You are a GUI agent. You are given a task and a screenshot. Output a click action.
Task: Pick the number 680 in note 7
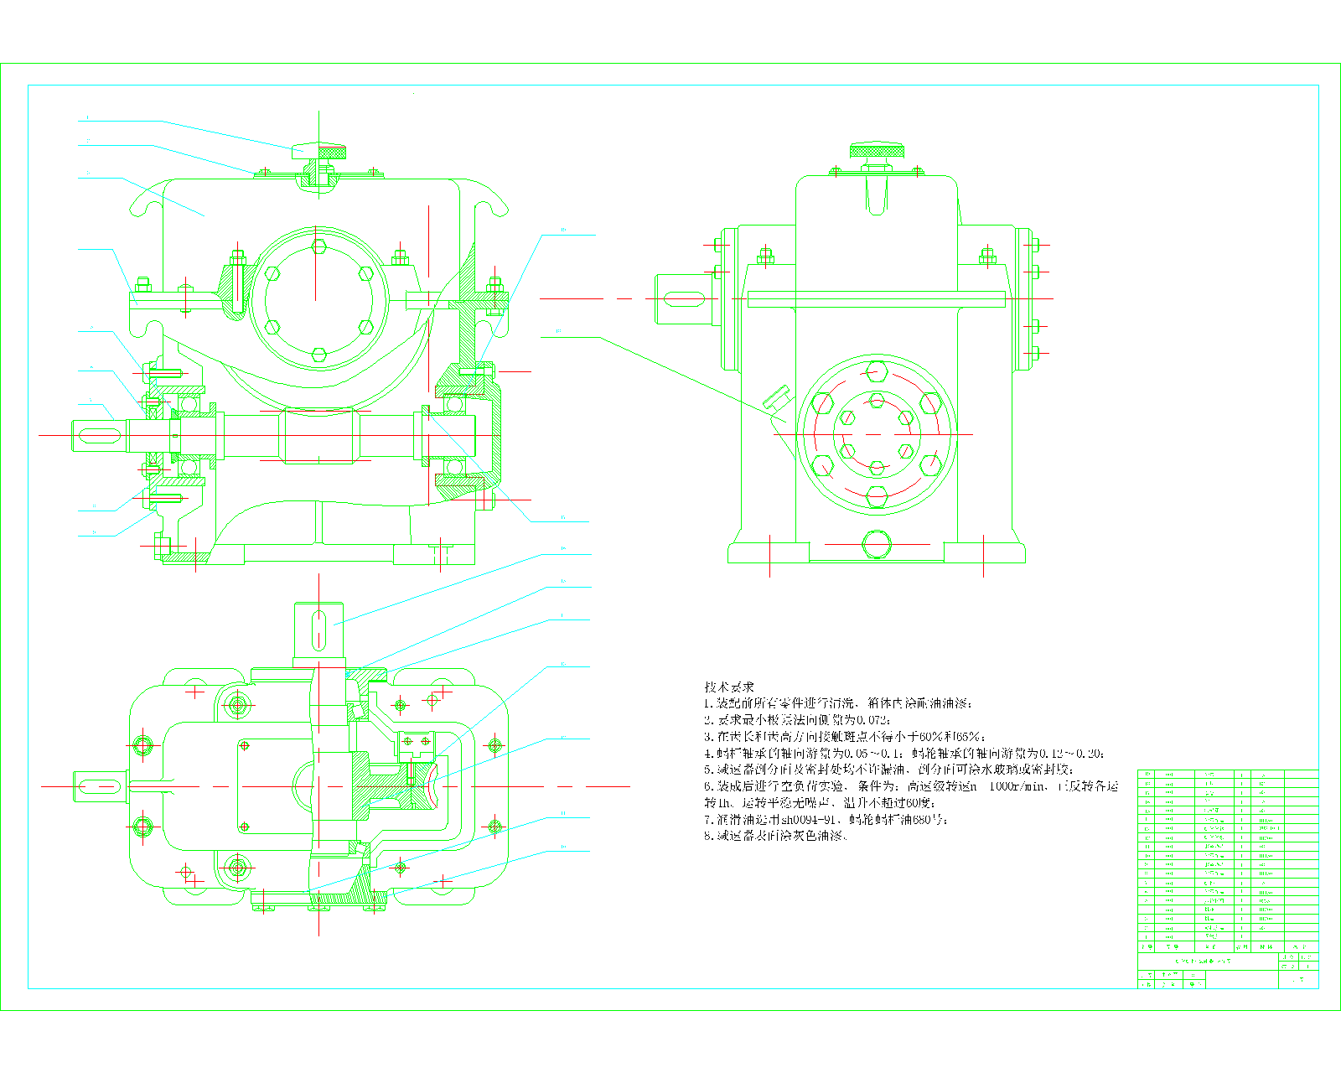coord(921,820)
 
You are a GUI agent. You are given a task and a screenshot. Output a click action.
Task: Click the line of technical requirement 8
coord(775,837)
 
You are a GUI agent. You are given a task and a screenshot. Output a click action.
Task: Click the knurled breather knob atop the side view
coord(877,151)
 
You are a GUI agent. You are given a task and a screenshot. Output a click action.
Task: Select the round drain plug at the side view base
coord(877,544)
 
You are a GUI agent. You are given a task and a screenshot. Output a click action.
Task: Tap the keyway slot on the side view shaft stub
coord(685,298)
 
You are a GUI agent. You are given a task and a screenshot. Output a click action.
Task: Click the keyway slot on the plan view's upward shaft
coord(318,630)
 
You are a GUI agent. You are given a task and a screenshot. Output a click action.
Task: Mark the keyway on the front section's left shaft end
coord(99,434)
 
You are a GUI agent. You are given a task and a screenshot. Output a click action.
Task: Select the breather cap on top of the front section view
coord(318,151)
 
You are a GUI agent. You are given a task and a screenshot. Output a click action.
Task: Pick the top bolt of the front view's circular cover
coord(318,246)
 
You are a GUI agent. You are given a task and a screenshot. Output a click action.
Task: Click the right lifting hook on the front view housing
coord(491,201)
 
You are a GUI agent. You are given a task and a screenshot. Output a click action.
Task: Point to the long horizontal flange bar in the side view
coord(876,299)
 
